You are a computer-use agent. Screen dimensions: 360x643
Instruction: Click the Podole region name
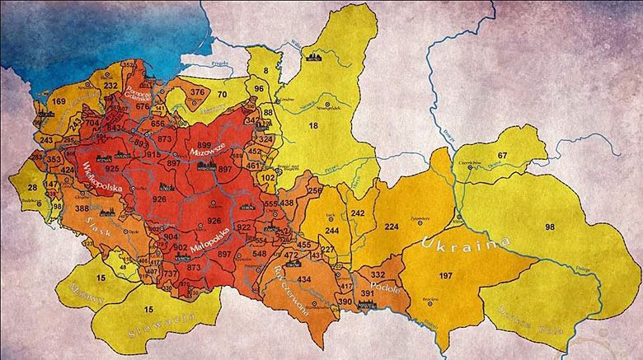coord(385,289)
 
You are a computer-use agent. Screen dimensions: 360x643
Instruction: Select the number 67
coord(503,156)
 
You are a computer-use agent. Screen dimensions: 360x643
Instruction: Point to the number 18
coord(312,125)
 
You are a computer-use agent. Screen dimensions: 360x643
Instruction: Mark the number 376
coord(198,92)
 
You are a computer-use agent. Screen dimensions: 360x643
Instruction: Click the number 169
coord(59,102)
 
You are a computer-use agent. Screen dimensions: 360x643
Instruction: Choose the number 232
coord(110,85)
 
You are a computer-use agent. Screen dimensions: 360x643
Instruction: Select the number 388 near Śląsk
coord(82,209)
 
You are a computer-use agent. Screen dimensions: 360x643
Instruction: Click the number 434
coord(304,279)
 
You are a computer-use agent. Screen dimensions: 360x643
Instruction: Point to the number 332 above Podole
coord(378,274)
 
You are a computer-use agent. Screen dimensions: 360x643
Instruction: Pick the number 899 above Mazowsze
coord(204,145)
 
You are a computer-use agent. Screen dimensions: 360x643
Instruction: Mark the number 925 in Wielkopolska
coord(112,169)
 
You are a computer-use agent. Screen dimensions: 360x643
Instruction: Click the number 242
coord(357,213)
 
